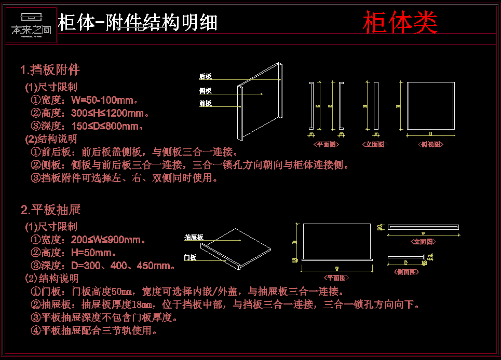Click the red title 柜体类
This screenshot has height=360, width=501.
[x=400, y=22]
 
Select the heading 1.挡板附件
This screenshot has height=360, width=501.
[x=50, y=70]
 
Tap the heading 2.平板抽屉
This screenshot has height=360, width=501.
[x=51, y=210]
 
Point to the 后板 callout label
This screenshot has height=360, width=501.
[x=205, y=77]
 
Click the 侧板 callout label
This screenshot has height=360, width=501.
[x=205, y=91]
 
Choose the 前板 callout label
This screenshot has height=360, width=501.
[x=205, y=104]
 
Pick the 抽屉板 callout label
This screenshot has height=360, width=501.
[x=194, y=238]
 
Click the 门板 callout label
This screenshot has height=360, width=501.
[x=190, y=257]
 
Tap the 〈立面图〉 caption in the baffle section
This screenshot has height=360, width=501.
[x=374, y=145]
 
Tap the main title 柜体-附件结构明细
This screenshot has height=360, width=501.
[x=138, y=23]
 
